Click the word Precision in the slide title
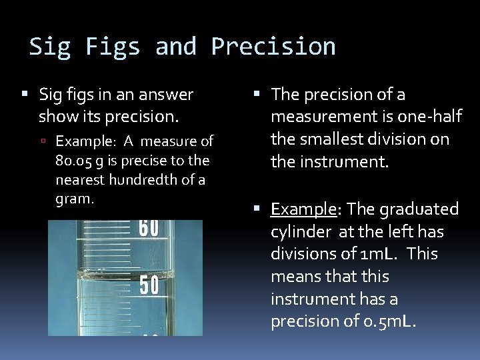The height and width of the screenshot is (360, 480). [x=273, y=47]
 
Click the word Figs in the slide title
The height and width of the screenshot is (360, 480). [x=112, y=47]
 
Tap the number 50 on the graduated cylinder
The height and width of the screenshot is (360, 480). [x=149, y=285]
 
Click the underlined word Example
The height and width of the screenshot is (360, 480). [x=303, y=210]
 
